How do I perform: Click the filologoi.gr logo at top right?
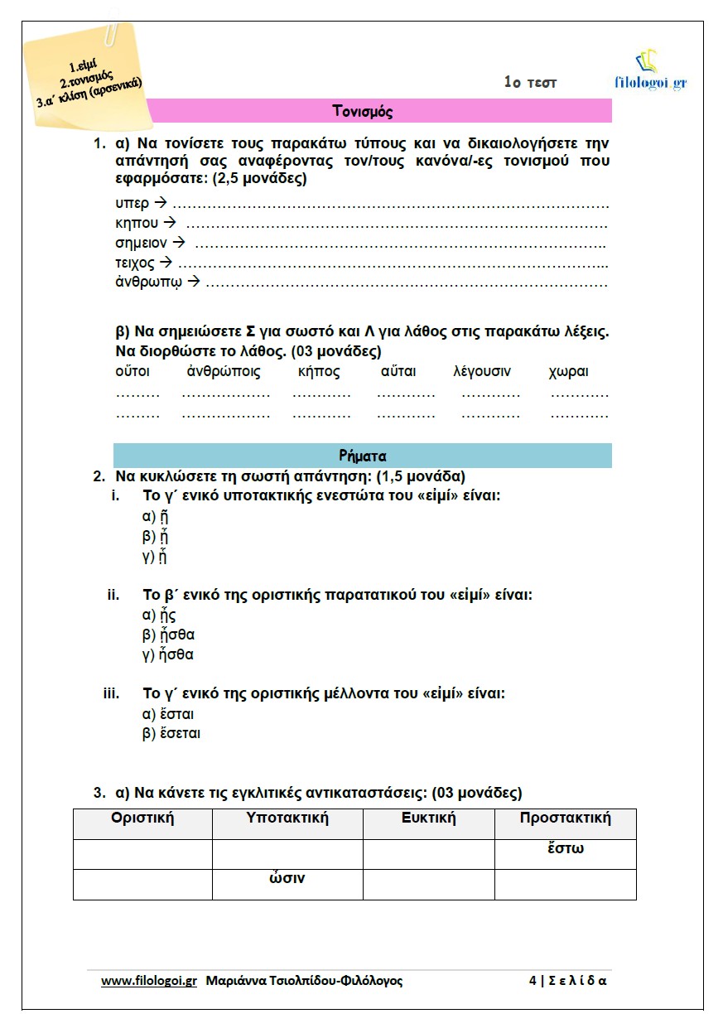[x=651, y=72]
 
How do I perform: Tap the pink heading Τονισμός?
[x=362, y=110]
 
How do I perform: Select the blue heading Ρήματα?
[x=362, y=456]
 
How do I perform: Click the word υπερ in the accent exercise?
[x=133, y=203]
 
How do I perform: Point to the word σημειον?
[x=141, y=244]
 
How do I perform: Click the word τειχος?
[x=135, y=263]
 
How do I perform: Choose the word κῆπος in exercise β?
[x=319, y=372]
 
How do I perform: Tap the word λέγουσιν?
[x=482, y=372]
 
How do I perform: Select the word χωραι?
[x=568, y=372]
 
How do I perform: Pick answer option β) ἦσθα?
[x=169, y=635]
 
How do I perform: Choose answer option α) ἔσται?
[x=169, y=714]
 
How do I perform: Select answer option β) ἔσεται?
[x=171, y=733]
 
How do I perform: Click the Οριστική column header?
[x=142, y=818]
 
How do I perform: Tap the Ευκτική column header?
[x=428, y=818]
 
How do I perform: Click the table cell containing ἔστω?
[x=566, y=849]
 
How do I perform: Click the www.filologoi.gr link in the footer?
[x=149, y=981]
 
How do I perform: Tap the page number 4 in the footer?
[x=533, y=981]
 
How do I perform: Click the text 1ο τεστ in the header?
[x=530, y=82]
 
